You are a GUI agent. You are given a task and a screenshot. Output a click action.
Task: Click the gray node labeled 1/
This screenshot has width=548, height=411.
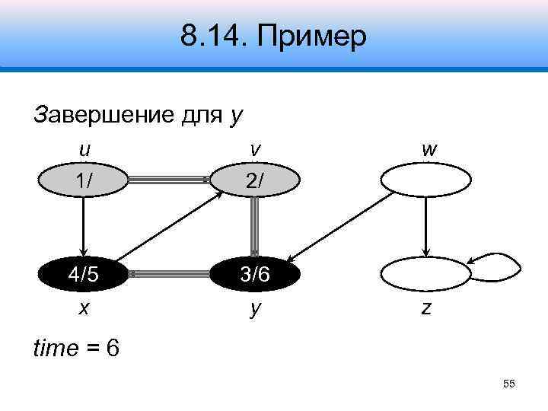pyautogui.click(x=84, y=181)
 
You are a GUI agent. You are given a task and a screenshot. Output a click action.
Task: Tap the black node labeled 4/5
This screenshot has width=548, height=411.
pyautogui.click(x=84, y=273)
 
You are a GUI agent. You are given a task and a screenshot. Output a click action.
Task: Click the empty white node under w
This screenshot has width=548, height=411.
pyautogui.click(x=425, y=181)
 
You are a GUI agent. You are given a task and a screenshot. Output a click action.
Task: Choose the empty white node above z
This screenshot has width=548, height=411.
pyautogui.click(x=425, y=273)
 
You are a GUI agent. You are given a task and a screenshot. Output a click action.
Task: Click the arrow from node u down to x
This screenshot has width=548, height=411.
pyautogui.click(x=84, y=227)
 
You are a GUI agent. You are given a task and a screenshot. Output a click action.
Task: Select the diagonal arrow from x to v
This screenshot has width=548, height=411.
pyautogui.click(x=169, y=227)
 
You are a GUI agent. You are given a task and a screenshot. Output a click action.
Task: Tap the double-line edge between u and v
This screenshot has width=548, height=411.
pyautogui.click(x=169, y=180)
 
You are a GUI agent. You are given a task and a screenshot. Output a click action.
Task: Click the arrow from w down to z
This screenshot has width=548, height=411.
pyautogui.click(x=426, y=227)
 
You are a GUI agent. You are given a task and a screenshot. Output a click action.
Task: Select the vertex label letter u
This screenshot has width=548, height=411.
pyautogui.click(x=84, y=149)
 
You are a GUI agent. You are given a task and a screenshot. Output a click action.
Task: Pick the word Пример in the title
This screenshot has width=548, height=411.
pyautogui.click(x=315, y=36)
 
